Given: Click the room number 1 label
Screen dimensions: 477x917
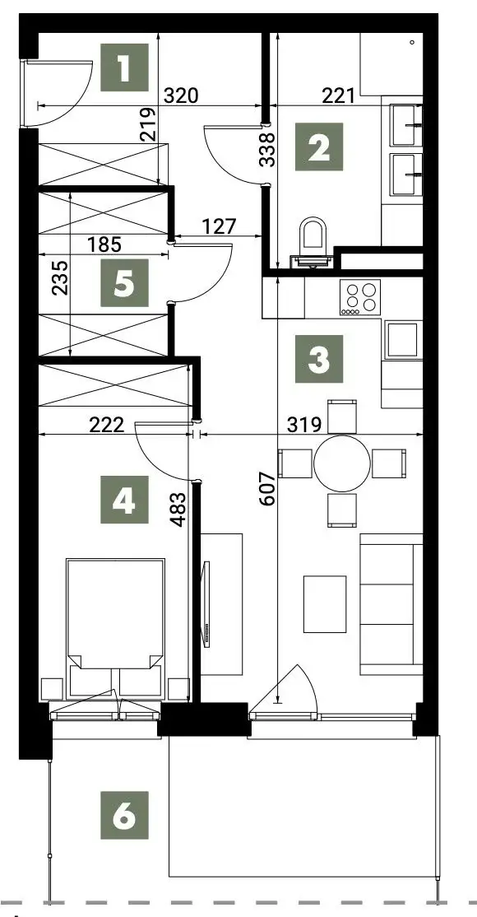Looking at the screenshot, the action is click(x=124, y=67).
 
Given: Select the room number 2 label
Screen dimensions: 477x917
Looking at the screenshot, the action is click(x=318, y=147).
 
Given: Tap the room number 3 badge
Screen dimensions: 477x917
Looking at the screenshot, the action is click(x=318, y=359).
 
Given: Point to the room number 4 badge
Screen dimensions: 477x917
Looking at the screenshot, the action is click(x=124, y=500).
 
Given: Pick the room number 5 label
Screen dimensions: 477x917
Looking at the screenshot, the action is click(x=124, y=283).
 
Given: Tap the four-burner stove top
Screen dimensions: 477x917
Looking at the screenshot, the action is click(x=359, y=298).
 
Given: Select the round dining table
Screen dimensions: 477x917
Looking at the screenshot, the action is click(x=342, y=463).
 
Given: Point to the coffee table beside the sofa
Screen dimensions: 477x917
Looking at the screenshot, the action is click(x=324, y=604).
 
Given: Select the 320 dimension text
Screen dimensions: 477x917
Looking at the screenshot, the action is click(x=181, y=95).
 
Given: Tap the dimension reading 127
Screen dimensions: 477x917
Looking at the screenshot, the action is click(x=220, y=226).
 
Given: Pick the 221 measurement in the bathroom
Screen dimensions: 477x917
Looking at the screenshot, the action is click(x=339, y=95).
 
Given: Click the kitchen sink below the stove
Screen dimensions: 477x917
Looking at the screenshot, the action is click(x=403, y=339).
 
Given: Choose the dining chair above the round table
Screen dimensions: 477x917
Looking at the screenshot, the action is click(x=342, y=416).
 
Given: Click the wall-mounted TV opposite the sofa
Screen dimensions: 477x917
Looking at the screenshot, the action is click(x=206, y=603).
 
